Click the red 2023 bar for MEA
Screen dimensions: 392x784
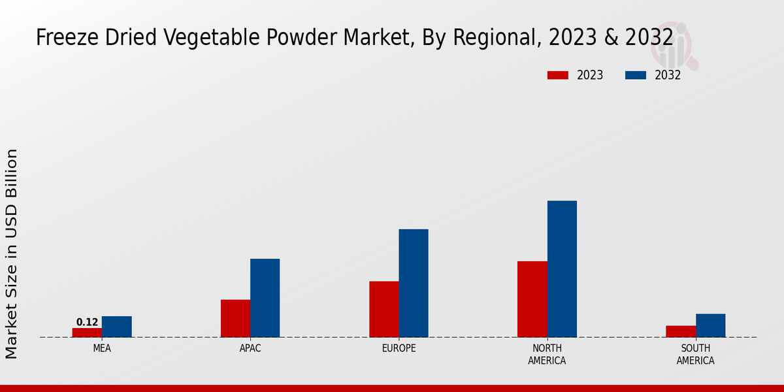[x=87, y=333]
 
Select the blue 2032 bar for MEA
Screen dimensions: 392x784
[x=116, y=327]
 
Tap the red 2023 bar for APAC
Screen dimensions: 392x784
[x=235, y=318]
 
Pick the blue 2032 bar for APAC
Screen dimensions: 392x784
[x=265, y=298]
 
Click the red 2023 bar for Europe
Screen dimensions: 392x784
[x=384, y=309]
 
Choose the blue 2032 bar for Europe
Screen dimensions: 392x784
[x=414, y=283]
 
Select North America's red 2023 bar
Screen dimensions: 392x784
[x=532, y=299]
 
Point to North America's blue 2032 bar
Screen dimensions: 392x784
[x=562, y=269]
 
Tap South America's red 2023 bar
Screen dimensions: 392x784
[x=680, y=331]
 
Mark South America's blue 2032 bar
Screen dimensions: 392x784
[x=710, y=325]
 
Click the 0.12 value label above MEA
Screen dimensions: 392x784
[x=87, y=322]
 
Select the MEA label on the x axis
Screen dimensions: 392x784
[x=102, y=348]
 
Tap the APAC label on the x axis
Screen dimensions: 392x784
[x=250, y=348]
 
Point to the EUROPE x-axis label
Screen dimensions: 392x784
[x=399, y=348]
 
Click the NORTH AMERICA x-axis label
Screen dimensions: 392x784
[x=547, y=354]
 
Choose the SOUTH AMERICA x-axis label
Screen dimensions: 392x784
[x=695, y=354]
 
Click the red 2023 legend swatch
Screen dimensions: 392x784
[x=558, y=75]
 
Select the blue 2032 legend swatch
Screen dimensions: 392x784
[x=636, y=75]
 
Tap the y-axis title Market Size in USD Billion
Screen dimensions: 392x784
[x=12, y=253]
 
